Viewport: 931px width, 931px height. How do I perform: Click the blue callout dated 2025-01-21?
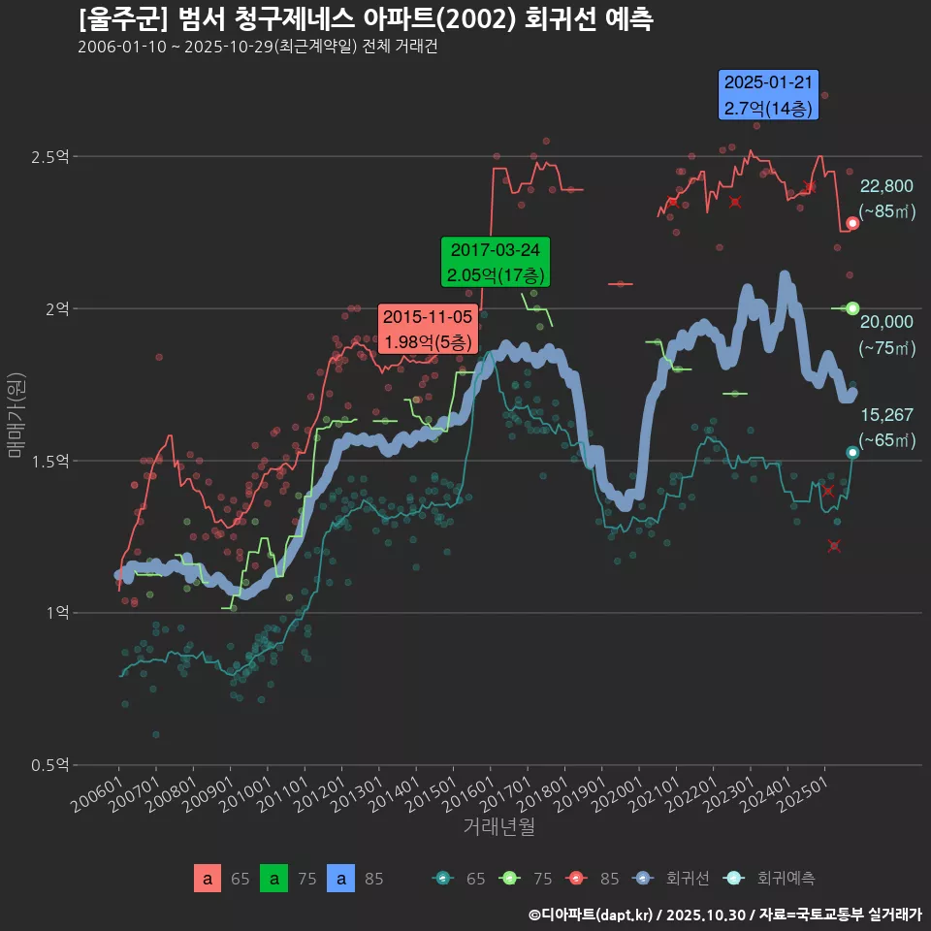(769, 95)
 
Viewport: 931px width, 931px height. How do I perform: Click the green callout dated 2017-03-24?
(495, 262)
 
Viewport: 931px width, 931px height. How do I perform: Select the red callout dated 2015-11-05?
(427, 330)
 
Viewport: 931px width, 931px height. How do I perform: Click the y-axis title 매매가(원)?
(16, 417)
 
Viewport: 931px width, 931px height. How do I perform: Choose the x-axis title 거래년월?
(498, 827)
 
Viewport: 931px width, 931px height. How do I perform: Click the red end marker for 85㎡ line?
(852, 223)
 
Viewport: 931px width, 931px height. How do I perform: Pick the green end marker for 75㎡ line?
(852, 308)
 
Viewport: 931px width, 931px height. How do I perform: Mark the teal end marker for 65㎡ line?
(852, 453)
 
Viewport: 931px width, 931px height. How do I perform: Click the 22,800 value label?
(886, 186)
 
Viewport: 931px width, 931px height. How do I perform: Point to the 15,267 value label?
(886, 415)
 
